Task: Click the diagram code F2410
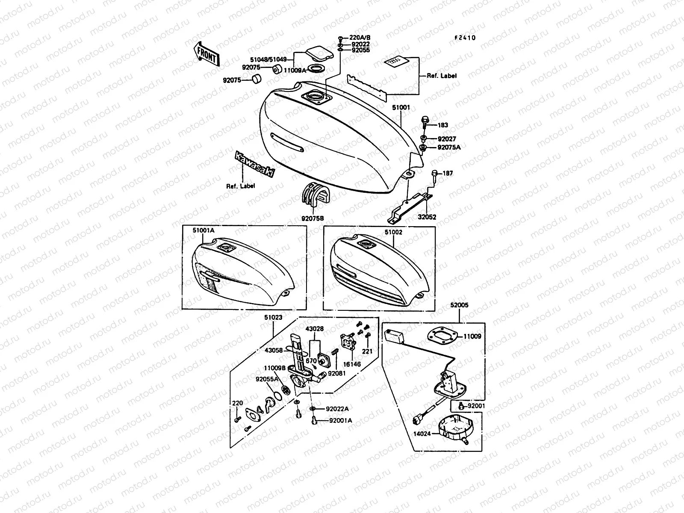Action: click(465, 38)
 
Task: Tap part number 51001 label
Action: click(401, 108)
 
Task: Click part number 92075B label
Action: click(313, 218)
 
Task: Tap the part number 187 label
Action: click(448, 173)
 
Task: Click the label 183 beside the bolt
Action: click(443, 125)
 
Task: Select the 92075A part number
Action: click(449, 147)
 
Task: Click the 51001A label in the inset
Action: click(203, 230)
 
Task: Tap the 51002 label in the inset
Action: click(393, 232)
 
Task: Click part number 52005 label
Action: click(459, 306)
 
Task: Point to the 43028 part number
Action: click(314, 328)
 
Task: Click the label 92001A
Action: click(340, 420)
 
